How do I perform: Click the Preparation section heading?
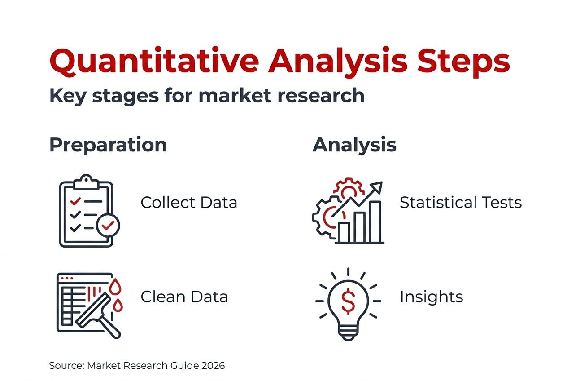pyautogui.click(x=108, y=145)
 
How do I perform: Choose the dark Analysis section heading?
pyautogui.click(x=354, y=145)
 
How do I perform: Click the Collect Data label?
pyautogui.click(x=188, y=203)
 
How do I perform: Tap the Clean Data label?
pyautogui.click(x=184, y=297)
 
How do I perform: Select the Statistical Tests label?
pyautogui.click(x=461, y=203)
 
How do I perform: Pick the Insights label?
pyautogui.click(x=431, y=297)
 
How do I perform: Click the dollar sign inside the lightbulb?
pyautogui.click(x=348, y=301)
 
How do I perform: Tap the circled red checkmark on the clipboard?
pyautogui.click(x=108, y=226)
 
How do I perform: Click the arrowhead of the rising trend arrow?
pyautogui.click(x=377, y=186)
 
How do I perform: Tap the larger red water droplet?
pyautogui.click(x=116, y=286)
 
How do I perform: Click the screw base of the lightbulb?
pyautogui.click(x=348, y=332)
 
